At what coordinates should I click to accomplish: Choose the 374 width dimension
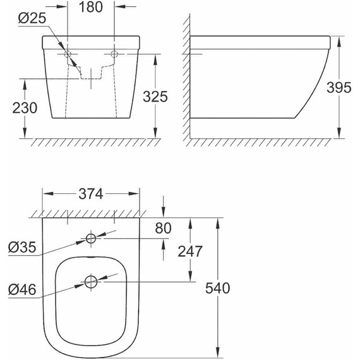point(90,193)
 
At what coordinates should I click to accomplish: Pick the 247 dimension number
point(189,251)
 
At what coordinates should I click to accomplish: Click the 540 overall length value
point(217,288)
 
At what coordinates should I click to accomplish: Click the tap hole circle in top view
point(91,238)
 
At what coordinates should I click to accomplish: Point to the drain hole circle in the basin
point(91,282)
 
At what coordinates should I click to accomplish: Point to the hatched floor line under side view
point(265,140)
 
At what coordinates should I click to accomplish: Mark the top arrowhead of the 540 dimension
point(217,222)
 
